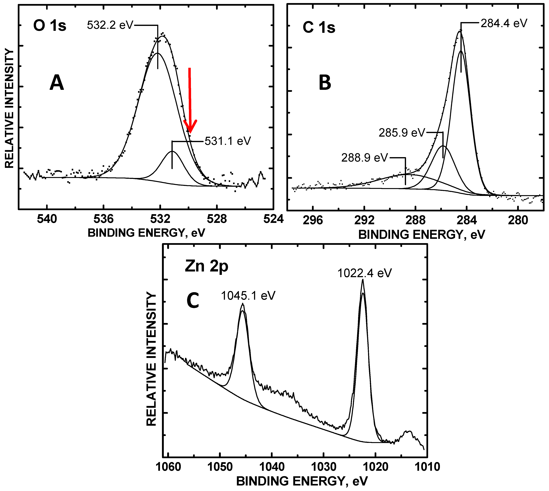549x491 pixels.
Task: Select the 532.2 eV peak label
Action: tap(110, 25)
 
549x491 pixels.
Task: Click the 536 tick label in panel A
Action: tap(104, 219)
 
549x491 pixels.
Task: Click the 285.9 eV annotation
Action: tap(402, 133)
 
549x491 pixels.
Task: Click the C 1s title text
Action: tap(319, 28)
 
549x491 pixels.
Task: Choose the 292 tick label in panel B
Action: tap(364, 220)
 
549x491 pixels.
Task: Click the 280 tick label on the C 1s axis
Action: tap(518, 220)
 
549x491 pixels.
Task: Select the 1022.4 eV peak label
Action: tap(365, 273)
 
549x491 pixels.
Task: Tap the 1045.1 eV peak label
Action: tap(248, 296)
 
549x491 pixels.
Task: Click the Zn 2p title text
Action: tap(207, 266)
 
